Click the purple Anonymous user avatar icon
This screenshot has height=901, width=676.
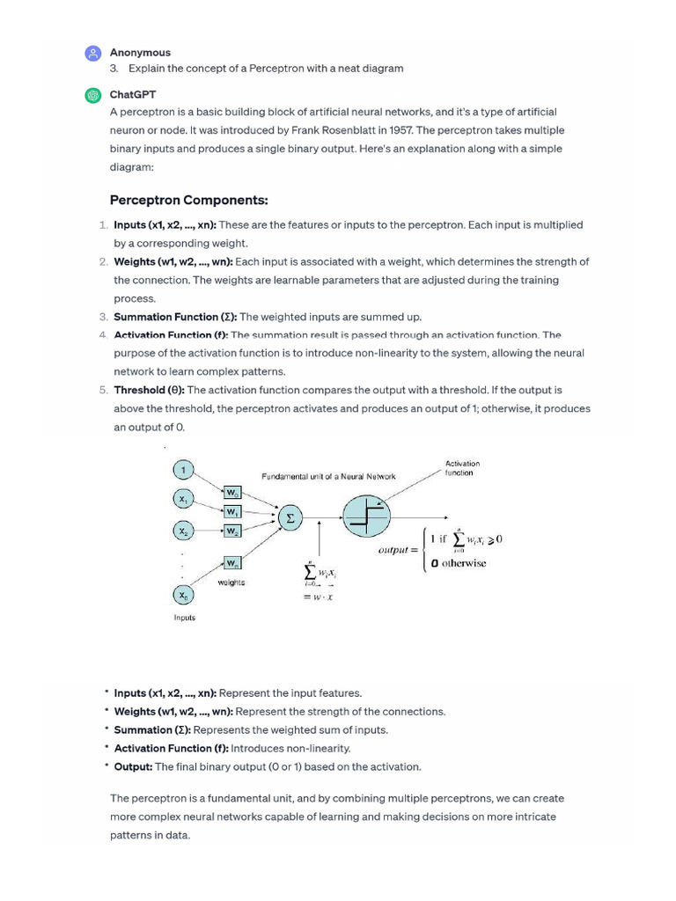[x=92, y=55]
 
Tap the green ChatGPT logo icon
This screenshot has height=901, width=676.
[x=92, y=96]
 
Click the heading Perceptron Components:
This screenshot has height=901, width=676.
[x=188, y=200]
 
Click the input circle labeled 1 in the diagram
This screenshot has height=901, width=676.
[x=183, y=469]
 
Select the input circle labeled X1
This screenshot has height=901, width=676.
[x=183, y=500]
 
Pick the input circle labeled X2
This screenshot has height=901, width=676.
[x=183, y=531]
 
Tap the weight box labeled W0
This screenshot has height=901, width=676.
[x=232, y=493]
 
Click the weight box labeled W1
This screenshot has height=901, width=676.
[x=232, y=511]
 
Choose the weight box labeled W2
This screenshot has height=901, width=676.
[x=232, y=531]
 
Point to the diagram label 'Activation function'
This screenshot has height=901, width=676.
[x=462, y=468]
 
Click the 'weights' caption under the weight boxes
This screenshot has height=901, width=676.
[x=231, y=582]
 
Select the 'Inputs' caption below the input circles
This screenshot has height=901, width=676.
[x=184, y=618]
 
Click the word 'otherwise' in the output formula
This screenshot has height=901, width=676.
[x=463, y=563]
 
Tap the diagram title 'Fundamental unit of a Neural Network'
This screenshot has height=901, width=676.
[x=328, y=476]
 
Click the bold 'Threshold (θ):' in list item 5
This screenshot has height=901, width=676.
[x=149, y=390]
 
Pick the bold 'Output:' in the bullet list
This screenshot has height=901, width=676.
[x=133, y=766]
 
